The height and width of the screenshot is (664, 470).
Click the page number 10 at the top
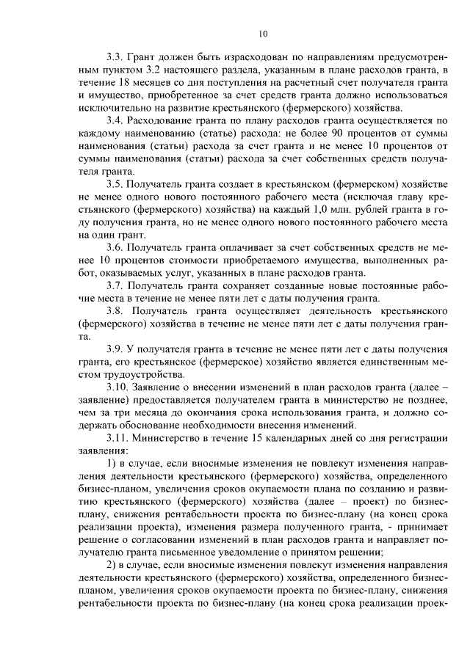[263, 32]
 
